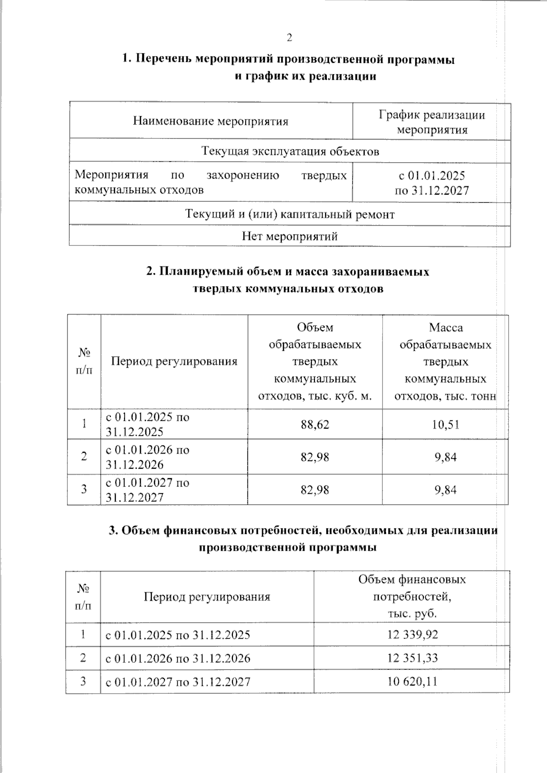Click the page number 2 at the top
[x=289, y=38]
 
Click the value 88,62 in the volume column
[x=315, y=425]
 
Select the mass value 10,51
[x=445, y=425]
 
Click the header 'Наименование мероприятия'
[x=211, y=121]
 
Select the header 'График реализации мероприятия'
[x=432, y=122]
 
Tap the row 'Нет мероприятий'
[x=289, y=236]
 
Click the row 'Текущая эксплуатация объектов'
[x=290, y=151]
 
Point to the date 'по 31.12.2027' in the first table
[x=431, y=190]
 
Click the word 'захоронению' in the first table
[x=243, y=175]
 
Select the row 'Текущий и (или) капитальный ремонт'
[x=289, y=214]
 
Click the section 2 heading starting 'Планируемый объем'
[x=288, y=272]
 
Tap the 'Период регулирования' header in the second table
[x=174, y=361]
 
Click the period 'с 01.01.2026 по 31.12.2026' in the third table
[x=178, y=658]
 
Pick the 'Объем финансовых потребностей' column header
[x=412, y=596]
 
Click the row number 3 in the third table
[x=83, y=682]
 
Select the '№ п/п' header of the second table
[x=84, y=361]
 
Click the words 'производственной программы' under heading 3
[x=287, y=547]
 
